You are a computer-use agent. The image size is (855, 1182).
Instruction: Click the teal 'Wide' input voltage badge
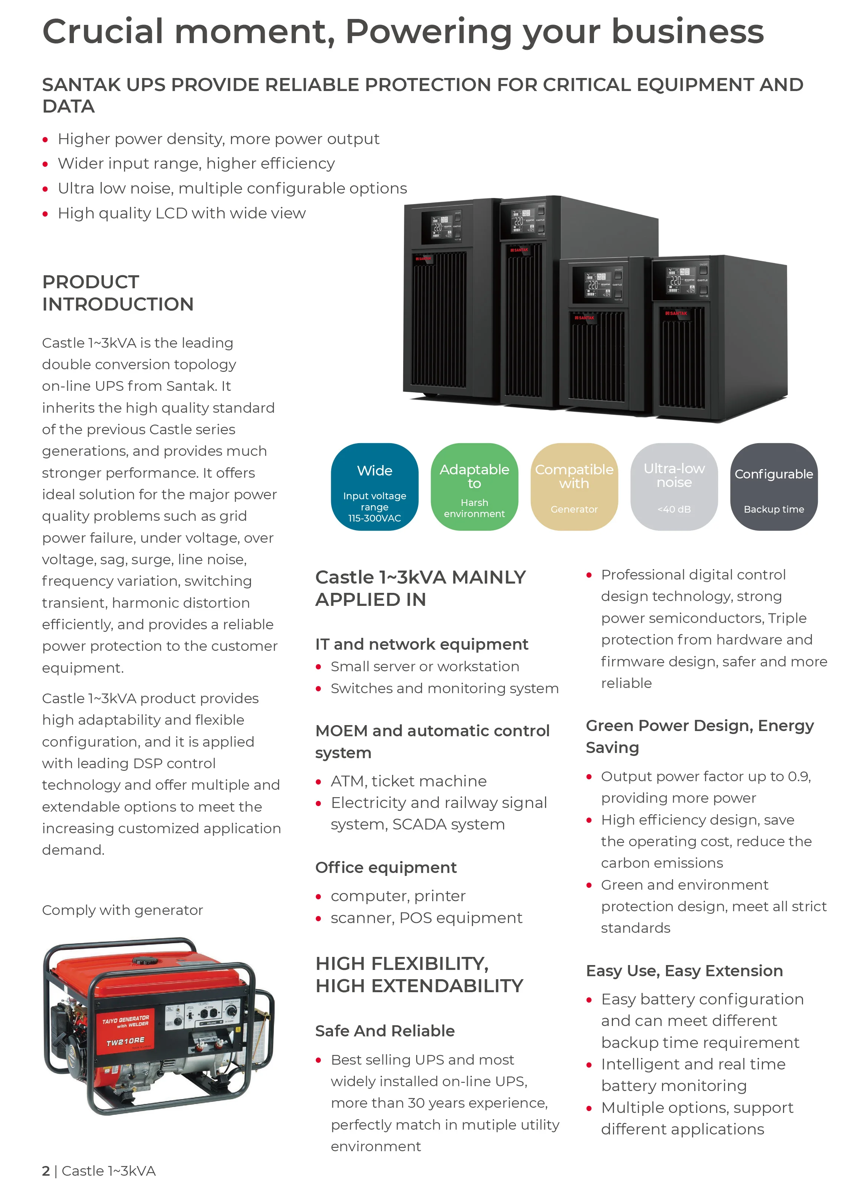coord(374,486)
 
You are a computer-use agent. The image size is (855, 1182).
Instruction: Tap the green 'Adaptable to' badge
coord(474,486)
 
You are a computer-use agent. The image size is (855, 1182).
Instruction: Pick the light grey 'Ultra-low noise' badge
coord(674,486)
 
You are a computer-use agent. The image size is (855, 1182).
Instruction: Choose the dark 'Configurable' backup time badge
coord(774,486)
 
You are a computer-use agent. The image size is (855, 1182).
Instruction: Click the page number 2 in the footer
coord(46,1170)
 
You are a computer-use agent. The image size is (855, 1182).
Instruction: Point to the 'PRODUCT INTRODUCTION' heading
coord(118,293)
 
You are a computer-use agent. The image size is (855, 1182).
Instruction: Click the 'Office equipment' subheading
coord(386,867)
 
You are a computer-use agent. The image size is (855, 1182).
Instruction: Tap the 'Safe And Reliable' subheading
coord(385,1030)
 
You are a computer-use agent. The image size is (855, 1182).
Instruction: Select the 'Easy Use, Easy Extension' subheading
coord(684,970)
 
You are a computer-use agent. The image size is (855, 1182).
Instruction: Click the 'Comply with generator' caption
coord(123,910)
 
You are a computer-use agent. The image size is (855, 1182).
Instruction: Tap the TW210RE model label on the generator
coord(125,1041)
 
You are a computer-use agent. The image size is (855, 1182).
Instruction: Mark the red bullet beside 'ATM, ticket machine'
coord(318,782)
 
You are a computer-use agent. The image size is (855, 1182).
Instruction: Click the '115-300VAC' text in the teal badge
coord(374,518)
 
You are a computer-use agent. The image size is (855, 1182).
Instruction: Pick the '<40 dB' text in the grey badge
coord(674,509)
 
